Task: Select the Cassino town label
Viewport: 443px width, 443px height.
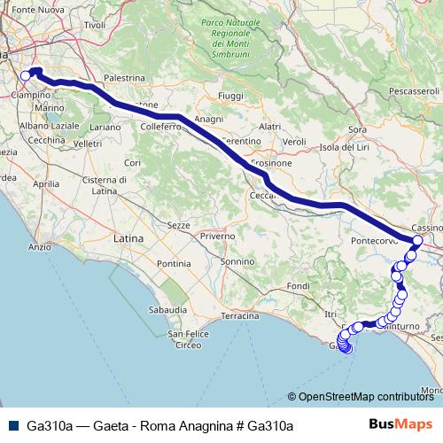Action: click(x=426, y=227)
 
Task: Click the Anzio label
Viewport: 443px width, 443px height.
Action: click(x=40, y=247)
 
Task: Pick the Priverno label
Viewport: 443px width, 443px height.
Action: click(x=217, y=237)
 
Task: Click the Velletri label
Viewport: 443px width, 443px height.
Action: click(x=89, y=143)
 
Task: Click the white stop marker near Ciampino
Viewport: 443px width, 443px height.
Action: click(x=26, y=76)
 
